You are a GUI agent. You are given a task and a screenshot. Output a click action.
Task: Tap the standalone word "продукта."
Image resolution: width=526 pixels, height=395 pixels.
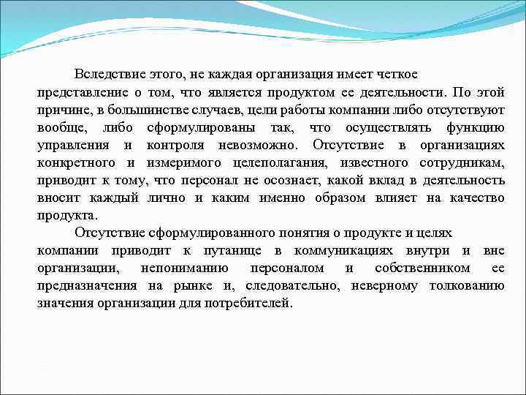click(x=66, y=215)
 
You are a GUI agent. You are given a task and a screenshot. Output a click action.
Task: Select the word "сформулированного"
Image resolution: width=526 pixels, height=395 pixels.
click(x=197, y=233)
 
